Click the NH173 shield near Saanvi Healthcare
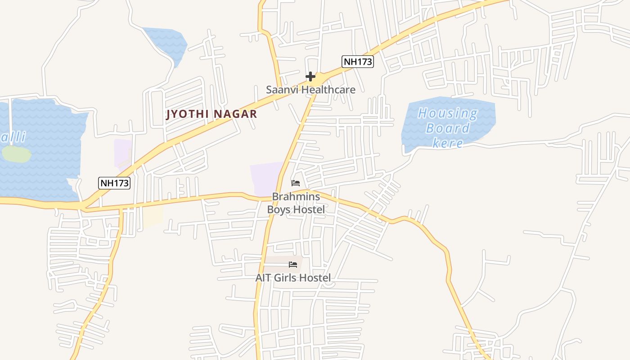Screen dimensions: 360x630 358,62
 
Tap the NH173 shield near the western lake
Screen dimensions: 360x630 114,183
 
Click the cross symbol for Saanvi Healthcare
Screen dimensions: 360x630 310,76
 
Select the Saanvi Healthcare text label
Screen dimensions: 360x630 310,90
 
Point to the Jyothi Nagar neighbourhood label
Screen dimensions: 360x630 211,114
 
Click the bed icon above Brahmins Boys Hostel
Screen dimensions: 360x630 296,183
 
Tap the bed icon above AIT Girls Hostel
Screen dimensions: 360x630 293,265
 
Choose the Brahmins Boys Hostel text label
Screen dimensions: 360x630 296,203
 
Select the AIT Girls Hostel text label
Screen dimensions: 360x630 293,278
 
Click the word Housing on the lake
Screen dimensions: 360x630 448,113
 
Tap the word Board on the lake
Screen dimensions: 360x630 448,128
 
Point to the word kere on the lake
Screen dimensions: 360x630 448,143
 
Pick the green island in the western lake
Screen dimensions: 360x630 17,154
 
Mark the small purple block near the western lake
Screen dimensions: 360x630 122,153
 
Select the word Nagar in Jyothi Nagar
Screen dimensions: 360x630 235,114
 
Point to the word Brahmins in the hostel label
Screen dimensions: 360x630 296,197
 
